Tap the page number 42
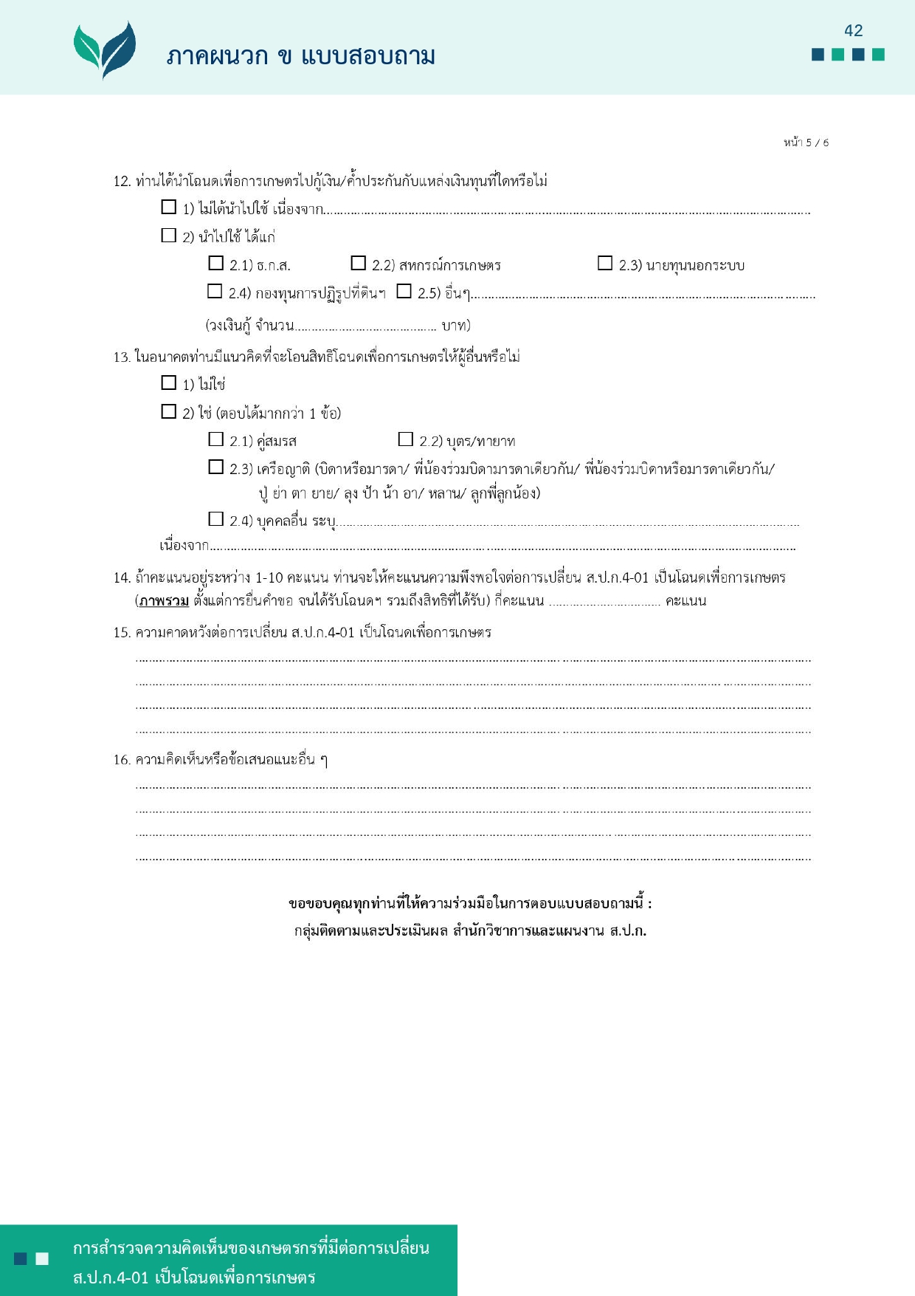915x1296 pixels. pyautogui.click(x=853, y=30)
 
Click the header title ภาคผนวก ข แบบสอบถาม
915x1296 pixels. pyautogui.click(x=300, y=56)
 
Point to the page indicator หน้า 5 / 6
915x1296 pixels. pyautogui.click(x=806, y=143)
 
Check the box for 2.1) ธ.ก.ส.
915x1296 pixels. pyautogui.click(x=215, y=263)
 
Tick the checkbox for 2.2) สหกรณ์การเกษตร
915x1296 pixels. pyautogui.click(x=359, y=263)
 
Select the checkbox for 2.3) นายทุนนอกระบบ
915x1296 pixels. pyautogui.click(x=605, y=263)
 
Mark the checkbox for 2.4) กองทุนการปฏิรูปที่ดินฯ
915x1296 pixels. pyautogui.click(x=215, y=291)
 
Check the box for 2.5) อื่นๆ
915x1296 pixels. pyautogui.click(x=404, y=291)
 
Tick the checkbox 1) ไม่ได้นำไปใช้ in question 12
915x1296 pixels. pyautogui.click(x=169, y=207)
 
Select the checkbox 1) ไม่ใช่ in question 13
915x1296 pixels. pyautogui.click(x=169, y=383)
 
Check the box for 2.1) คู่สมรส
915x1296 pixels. pyautogui.click(x=215, y=439)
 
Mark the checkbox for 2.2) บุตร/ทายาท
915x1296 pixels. pyautogui.click(x=405, y=439)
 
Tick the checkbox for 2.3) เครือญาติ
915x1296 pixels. pyautogui.click(x=215, y=467)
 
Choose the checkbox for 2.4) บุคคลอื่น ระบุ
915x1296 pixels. pyautogui.click(x=215, y=518)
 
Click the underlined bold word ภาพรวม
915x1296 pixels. pyautogui.click(x=164, y=601)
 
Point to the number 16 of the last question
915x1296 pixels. pyautogui.click(x=121, y=760)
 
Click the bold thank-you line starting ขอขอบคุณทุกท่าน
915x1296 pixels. pyautogui.click(x=470, y=903)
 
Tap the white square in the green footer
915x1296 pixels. pyautogui.click(x=42, y=1258)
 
